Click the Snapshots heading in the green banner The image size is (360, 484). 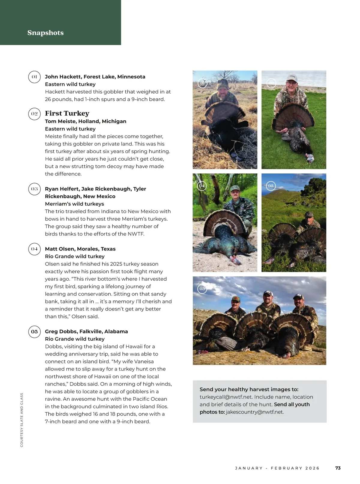point(46,33)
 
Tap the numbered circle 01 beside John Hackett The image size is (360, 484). point(34,77)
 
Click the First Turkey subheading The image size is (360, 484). point(67,113)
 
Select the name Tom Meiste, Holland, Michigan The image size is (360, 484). point(85,121)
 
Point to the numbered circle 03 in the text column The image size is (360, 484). point(34,189)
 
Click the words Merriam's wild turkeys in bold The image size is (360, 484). point(74,204)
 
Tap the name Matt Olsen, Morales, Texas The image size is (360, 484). point(80,249)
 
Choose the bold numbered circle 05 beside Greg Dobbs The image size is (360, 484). point(34,332)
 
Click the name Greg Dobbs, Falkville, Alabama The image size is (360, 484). point(86,331)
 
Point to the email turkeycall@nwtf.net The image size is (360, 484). point(226,397)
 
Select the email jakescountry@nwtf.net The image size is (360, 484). point(255,412)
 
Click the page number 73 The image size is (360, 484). point(338,468)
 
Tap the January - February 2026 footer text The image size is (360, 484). point(277,468)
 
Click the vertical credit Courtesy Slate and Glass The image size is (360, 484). point(22,420)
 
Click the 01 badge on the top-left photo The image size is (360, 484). point(202,83)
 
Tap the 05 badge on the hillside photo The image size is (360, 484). point(271,186)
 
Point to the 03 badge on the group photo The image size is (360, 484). point(202,289)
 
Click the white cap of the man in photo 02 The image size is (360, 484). point(292,78)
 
